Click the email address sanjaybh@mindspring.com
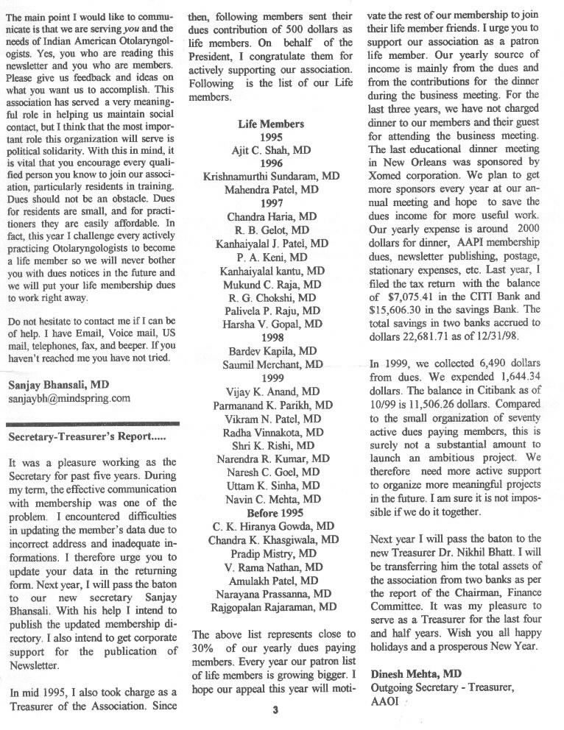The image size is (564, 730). (x=68, y=398)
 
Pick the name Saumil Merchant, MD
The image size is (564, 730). (x=272, y=364)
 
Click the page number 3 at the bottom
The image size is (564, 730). (x=274, y=709)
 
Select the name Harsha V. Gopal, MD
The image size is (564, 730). (x=272, y=324)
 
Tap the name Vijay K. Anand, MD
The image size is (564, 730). (x=272, y=391)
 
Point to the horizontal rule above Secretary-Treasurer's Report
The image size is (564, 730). (x=92, y=424)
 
